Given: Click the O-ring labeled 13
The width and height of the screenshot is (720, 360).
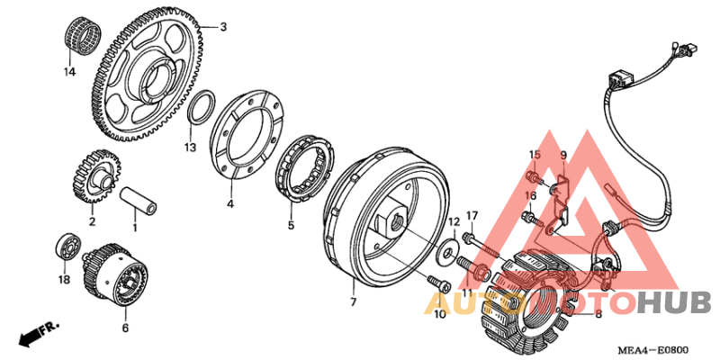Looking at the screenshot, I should [x=201, y=109].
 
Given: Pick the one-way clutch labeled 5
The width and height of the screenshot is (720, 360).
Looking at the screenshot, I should [x=310, y=163].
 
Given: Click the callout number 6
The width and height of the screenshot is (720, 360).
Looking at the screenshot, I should [x=125, y=328].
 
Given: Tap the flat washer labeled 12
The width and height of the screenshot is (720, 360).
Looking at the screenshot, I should [x=444, y=253].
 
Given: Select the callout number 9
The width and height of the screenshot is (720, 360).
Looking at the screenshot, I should [x=564, y=155].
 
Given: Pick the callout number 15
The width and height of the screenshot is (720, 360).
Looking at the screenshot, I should [x=534, y=155].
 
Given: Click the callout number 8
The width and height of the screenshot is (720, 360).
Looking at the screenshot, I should [x=598, y=314].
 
